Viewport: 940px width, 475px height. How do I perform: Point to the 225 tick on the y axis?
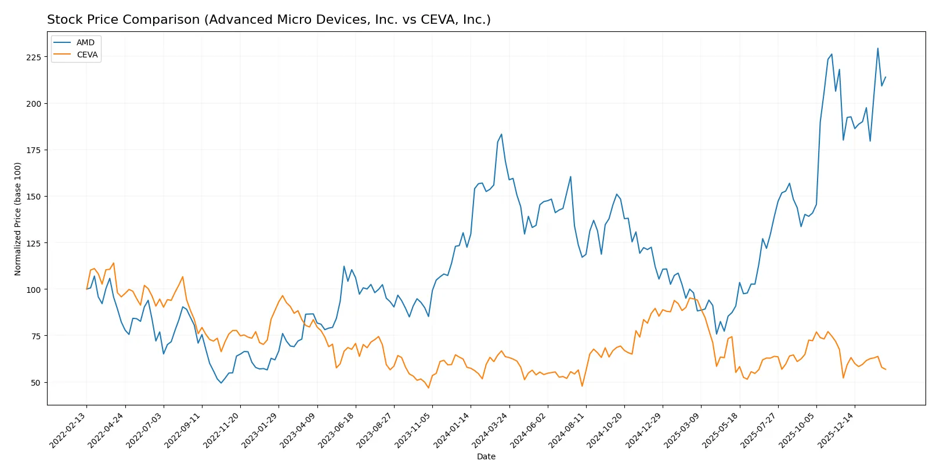pos(33,57)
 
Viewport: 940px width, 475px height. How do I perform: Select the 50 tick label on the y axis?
pos(35,383)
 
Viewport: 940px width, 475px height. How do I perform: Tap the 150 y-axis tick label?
pos(33,197)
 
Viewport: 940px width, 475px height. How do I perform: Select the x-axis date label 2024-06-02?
pos(530,430)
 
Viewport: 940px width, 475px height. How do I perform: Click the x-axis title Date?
pos(486,456)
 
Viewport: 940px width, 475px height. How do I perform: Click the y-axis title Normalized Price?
pos(18,219)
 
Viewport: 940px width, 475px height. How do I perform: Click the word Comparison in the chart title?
pos(163,20)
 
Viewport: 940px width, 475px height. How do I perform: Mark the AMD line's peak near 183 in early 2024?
pos(501,135)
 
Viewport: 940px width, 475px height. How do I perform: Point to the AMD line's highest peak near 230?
pos(877,49)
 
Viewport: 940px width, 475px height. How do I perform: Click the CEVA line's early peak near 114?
pos(113,263)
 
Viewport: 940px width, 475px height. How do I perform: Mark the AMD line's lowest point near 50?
pos(221,383)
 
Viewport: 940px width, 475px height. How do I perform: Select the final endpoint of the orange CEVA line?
pos(885,369)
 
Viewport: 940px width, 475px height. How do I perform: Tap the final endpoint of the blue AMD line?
pos(885,77)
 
